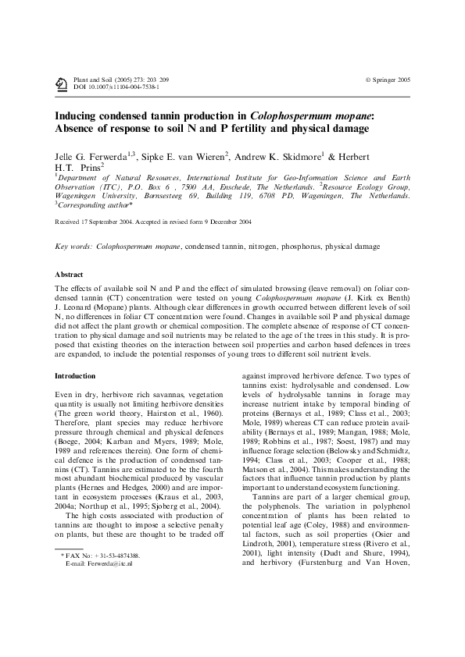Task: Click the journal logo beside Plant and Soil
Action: point(61,84)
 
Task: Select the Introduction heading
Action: point(75,376)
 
